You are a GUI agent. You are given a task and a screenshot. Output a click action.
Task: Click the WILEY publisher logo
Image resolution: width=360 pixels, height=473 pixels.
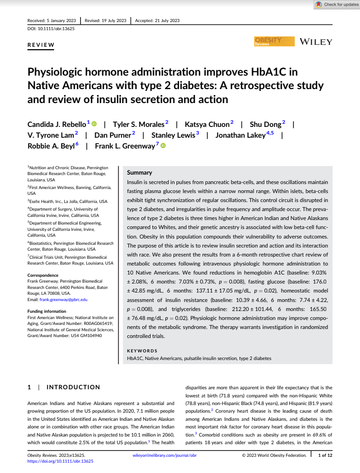[316, 42]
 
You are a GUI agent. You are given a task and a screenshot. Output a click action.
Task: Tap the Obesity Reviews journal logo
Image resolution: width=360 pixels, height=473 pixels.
[274, 42]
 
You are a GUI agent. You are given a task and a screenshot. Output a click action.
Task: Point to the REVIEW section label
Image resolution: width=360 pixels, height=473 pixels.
[41, 45]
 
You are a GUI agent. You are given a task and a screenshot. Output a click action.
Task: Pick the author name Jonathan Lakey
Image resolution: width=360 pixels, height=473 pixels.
[240, 135]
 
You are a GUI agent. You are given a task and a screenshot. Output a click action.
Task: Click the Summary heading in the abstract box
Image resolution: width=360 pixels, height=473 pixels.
[139, 172]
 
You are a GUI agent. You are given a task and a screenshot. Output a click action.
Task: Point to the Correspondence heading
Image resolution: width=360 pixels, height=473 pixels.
[43, 275]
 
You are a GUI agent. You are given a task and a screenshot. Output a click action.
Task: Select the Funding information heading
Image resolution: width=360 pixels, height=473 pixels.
[47, 311]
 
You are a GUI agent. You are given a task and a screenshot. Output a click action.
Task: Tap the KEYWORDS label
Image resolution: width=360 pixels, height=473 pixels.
[142, 351]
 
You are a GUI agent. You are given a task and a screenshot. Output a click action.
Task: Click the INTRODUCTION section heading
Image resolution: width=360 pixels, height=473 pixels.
[73, 387]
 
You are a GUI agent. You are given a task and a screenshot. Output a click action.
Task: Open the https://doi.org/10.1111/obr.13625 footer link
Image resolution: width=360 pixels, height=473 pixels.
[60, 461]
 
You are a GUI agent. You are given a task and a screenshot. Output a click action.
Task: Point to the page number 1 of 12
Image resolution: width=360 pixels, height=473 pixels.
[325, 455]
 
